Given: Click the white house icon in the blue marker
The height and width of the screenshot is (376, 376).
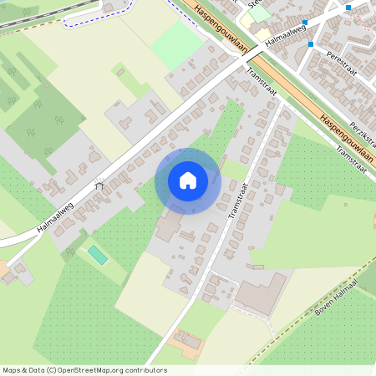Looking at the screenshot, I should click(188, 180).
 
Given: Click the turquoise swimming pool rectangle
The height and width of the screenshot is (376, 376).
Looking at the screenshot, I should click(98, 254).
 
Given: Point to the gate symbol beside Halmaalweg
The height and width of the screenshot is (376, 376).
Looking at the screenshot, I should click(100, 185).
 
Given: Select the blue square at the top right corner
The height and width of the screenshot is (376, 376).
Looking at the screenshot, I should click(348, 8).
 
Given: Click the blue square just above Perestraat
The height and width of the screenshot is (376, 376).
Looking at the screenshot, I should click(311, 43).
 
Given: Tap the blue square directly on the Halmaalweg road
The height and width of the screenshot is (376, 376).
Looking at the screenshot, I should click(305, 23).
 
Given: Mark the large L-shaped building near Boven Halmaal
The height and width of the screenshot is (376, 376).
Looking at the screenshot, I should click(260, 293).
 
